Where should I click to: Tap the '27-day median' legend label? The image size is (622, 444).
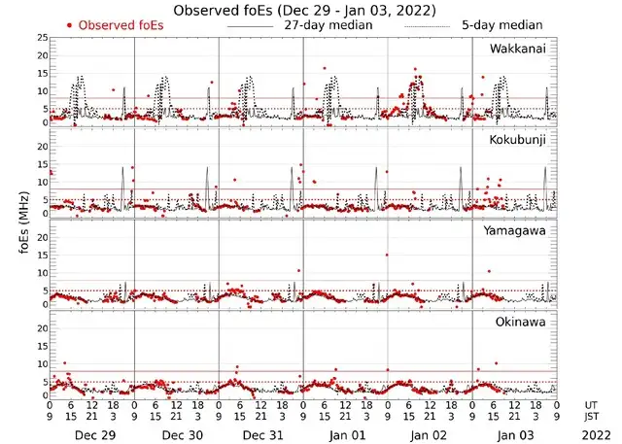tap(328, 25)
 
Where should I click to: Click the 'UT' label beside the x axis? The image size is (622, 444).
tap(592, 405)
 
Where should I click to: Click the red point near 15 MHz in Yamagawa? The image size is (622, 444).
tap(387, 255)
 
